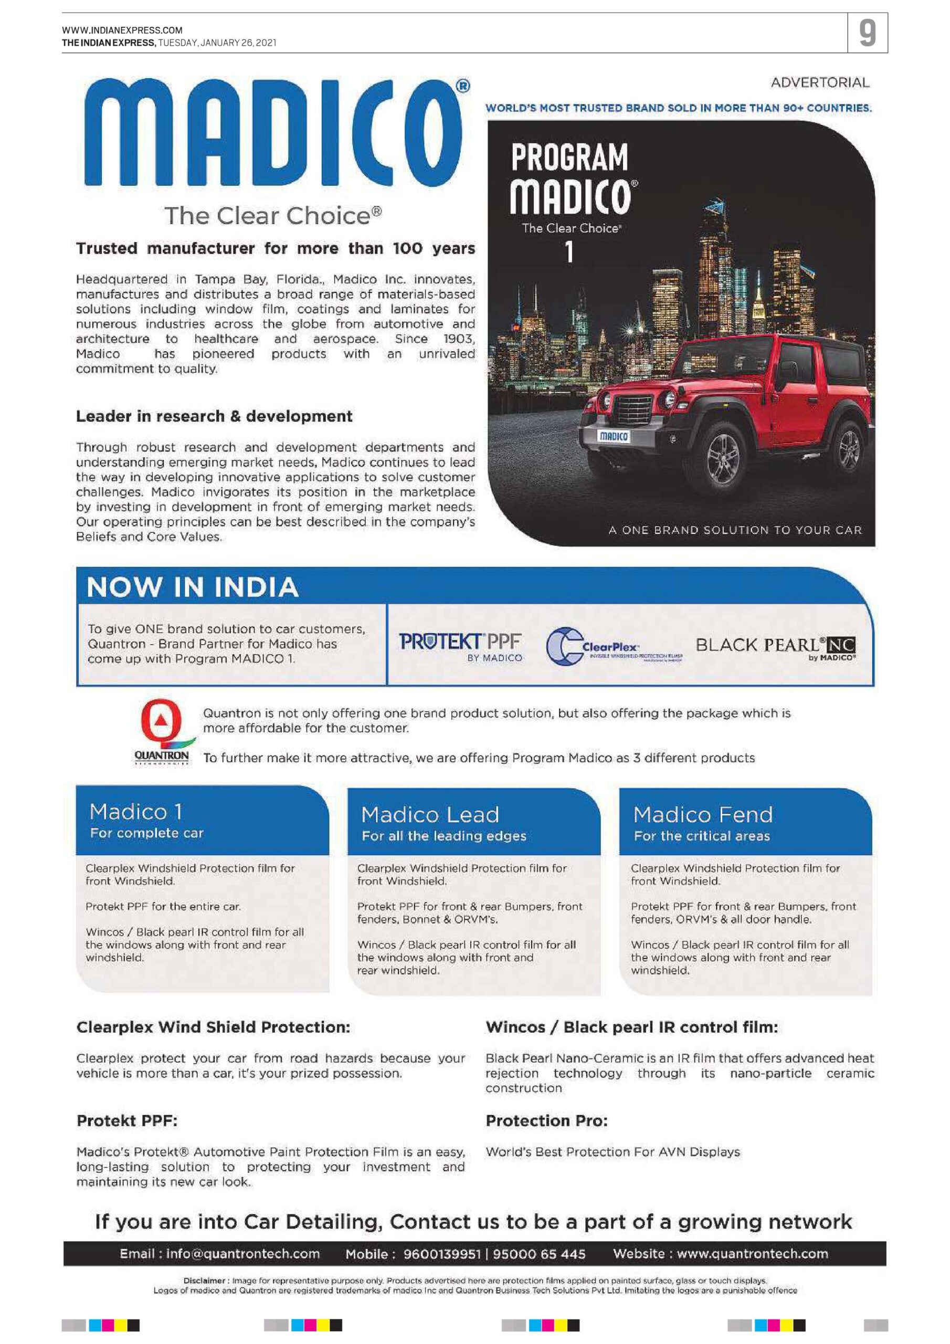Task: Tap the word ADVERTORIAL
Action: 819,82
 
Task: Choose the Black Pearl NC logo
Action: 775,647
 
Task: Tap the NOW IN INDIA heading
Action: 193,587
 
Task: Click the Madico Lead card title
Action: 430,815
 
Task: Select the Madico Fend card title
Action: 703,815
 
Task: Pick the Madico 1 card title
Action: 136,812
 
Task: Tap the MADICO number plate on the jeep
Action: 613,436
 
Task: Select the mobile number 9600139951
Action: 441,1254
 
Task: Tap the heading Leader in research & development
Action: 214,416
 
